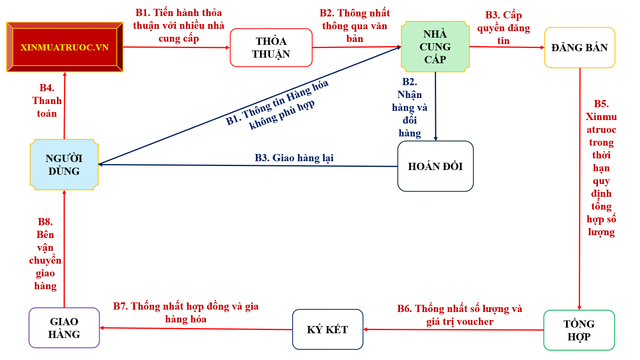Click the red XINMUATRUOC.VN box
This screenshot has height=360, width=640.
point(64,47)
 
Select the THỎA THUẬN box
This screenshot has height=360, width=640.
point(271,48)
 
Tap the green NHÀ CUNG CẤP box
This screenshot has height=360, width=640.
point(435,47)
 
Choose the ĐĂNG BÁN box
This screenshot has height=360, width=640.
point(579,48)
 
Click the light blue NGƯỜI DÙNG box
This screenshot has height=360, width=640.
point(64,164)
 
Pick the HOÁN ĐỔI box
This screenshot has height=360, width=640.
point(435,166)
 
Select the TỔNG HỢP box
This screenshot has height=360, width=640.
point(579,330)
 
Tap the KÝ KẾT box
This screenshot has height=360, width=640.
point(328,330)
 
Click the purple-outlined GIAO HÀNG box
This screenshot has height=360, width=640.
point(64,328)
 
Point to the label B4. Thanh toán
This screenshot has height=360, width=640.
point(47,101)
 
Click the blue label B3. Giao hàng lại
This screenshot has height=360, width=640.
point(294,158)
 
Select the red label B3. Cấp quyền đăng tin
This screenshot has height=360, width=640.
point(503,28)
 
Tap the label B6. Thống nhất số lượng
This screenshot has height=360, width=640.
point(460,315)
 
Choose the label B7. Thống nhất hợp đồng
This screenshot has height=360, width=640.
point(186,312)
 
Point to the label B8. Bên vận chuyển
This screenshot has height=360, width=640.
point(45,254)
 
